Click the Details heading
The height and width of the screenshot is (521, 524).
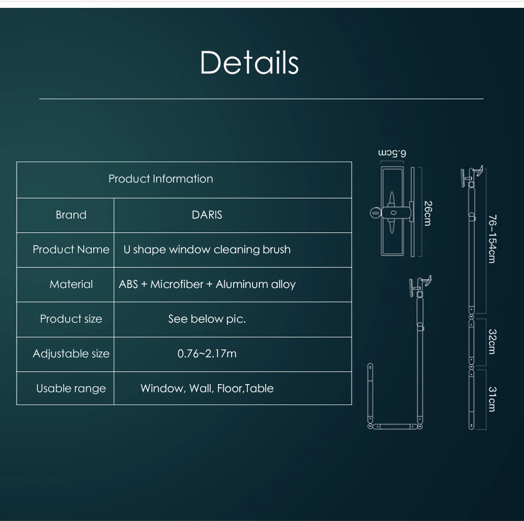click(249, 62)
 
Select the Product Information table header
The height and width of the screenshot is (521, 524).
click(161, 179)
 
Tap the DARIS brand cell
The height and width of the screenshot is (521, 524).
click(207, 215)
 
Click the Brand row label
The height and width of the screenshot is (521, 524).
click(71, 215)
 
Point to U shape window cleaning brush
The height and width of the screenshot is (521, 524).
click(207, 250)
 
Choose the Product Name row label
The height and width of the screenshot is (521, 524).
click(71, 250)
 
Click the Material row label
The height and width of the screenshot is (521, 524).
click(71, 284)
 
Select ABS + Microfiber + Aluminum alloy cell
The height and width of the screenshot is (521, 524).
click(207, 284)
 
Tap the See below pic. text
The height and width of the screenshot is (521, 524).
click(207, 319)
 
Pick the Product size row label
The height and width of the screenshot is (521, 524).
click(71, 319)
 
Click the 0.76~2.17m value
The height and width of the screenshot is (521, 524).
click(207, 354)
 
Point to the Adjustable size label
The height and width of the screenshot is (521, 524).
click(71, 354)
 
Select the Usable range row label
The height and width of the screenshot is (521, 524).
click(71, 388)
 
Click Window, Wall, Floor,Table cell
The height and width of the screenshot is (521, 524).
click(207, 388)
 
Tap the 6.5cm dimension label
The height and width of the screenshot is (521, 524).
click(392, 153)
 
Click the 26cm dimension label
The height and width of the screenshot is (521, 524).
click(428, 214)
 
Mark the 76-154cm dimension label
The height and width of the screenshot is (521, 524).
click(492, 239)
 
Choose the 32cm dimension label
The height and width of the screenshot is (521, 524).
click(492, 342)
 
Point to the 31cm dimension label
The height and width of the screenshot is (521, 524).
click(492, 399)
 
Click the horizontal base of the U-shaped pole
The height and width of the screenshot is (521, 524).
click(395, 427)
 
